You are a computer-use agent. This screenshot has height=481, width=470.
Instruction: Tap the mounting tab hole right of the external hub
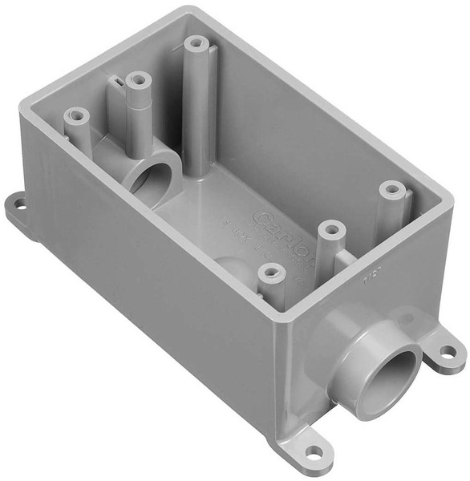[448, 351]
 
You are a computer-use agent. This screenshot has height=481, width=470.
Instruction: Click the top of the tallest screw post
[194, 43]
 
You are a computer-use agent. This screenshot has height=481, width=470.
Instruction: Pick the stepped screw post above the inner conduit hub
[138, 81]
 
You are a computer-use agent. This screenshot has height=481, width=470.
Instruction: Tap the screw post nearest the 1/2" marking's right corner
[391, 190]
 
